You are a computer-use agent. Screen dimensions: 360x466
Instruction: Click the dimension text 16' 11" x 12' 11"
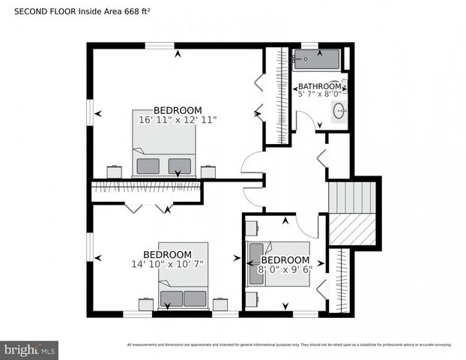click(x=178, y=119)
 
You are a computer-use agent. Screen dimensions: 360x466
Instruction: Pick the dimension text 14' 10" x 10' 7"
click(x=167, y=263)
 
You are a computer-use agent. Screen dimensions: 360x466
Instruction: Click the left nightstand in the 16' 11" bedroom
click(x=115, y=172)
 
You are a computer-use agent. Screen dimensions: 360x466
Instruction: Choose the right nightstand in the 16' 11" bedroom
click(x=208, y=172)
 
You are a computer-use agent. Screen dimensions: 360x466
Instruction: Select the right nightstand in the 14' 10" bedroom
click(x=220, y=304)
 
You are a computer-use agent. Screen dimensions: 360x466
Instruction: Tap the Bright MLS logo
click(x=30, y=349)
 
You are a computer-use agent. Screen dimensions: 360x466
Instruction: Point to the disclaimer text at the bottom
click(x=289, y=345)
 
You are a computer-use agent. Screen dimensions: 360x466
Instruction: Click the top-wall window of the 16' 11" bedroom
click(x=160, y=46)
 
